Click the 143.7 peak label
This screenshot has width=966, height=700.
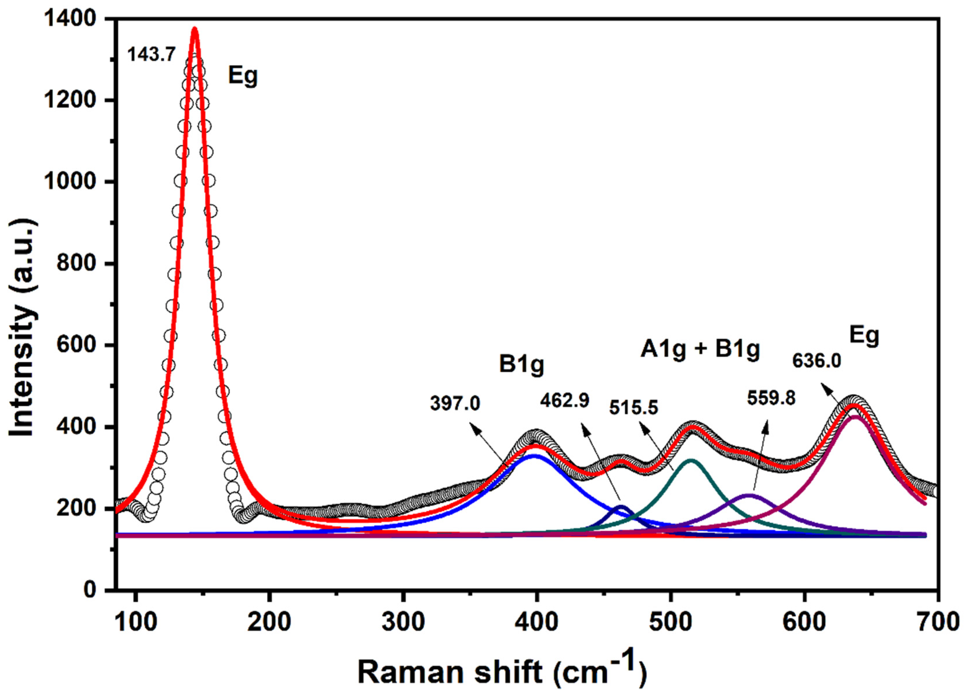click(x=152, y=55)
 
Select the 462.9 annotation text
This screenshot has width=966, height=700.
click(x=565, y=401)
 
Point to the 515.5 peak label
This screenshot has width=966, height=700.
click(x=633, y=408)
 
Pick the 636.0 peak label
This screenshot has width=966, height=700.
click(x=817, y=361)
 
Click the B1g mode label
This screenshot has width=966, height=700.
click(x=522, y=365)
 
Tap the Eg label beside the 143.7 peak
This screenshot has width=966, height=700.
click(x=243, y=76)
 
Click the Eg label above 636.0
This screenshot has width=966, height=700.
click(x=864, y=336)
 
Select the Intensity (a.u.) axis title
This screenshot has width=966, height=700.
click(x=24, y=328)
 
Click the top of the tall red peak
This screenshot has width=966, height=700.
click(x=195, y=29)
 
